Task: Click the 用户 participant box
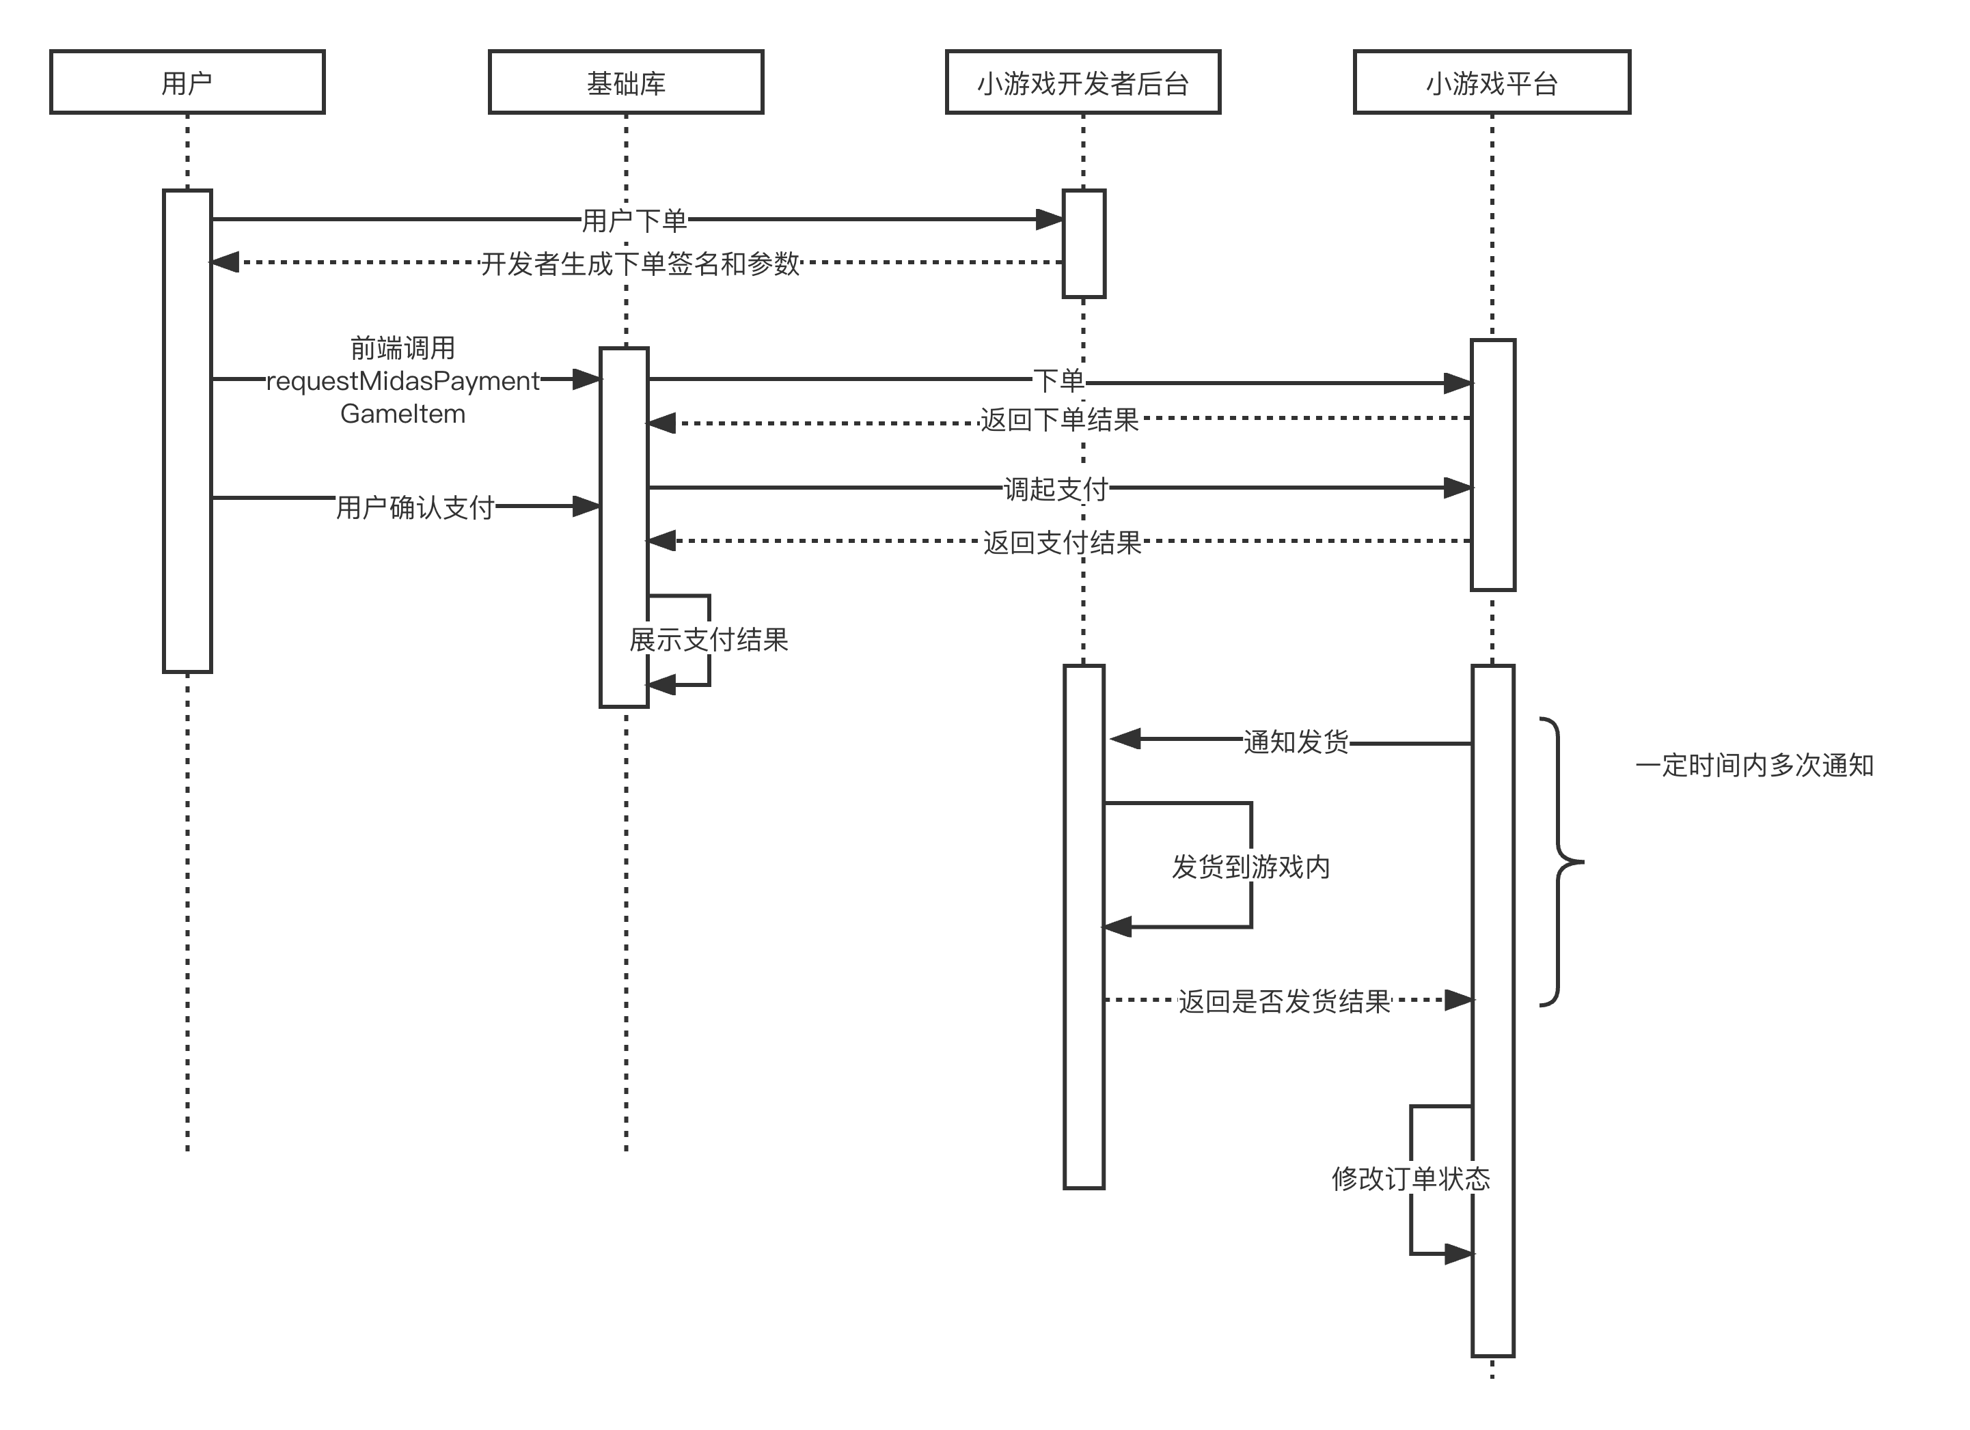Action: [187, 83]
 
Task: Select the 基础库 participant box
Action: [625, 83]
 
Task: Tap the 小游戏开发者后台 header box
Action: [1082, 83]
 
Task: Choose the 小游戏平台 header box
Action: [1492, 83]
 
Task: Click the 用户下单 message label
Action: [634, 221]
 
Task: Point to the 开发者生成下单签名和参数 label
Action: [640, 263]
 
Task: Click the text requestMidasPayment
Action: [402, 381]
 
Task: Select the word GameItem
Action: [402, 414]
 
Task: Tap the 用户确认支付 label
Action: [415, 507]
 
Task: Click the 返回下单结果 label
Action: [1059, 420]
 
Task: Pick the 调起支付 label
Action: [1055, 489]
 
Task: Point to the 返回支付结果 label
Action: [1061, 543]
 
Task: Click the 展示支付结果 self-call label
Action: [708, 640]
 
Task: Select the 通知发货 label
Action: [1295, 742]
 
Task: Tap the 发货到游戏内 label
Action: [1250, 867]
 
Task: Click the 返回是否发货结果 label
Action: [1284, 1001]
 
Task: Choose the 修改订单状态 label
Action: [1410, 1178]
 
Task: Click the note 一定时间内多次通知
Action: [1753, 765]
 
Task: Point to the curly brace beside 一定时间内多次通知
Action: [1560, 863]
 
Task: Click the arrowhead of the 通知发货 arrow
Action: [1125, 739]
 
